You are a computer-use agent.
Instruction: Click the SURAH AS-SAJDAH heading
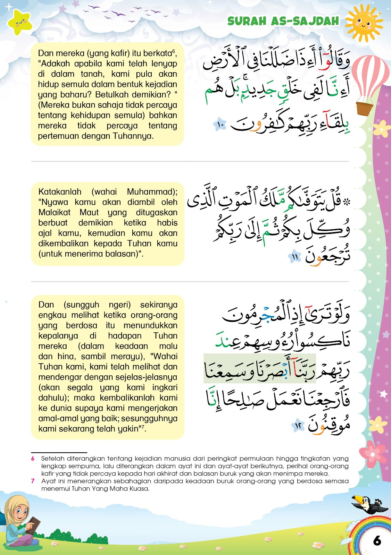coord(283,21)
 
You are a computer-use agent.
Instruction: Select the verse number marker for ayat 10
coord(220,124)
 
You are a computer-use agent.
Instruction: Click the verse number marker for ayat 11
coord(295,257)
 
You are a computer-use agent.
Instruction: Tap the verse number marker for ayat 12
coord(298,425)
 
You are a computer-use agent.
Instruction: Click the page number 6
coord(377,540)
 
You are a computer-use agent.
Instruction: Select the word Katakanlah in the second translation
coord(60,192)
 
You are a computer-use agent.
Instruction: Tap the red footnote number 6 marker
coord(33,459)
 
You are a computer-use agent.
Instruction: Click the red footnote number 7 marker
coord(33,481)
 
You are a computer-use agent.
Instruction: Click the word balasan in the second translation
coord(122,254)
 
